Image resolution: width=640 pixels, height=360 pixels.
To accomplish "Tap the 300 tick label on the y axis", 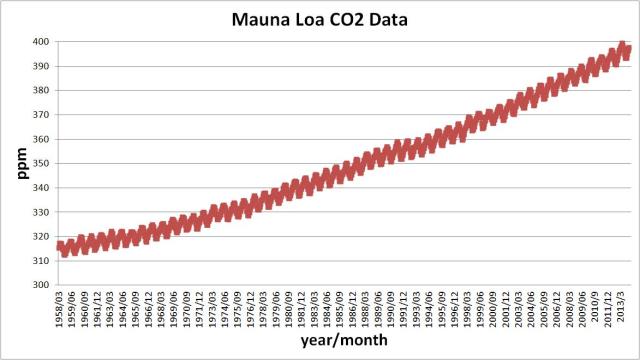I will [x=40, y=285].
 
